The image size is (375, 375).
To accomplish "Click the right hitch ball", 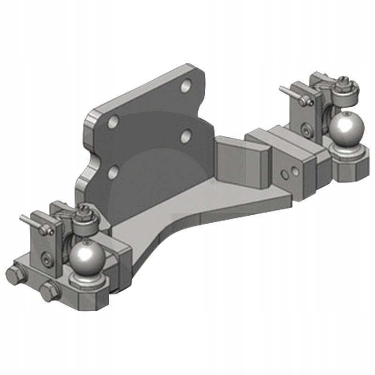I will [346, 127].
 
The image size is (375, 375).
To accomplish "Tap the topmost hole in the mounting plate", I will [186, 85].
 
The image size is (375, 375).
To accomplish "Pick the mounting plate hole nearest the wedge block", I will [186, 136].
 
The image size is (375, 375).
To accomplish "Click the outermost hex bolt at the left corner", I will [15, 275].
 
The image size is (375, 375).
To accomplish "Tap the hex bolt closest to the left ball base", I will [50, 292].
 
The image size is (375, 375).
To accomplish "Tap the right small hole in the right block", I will [295, 172].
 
